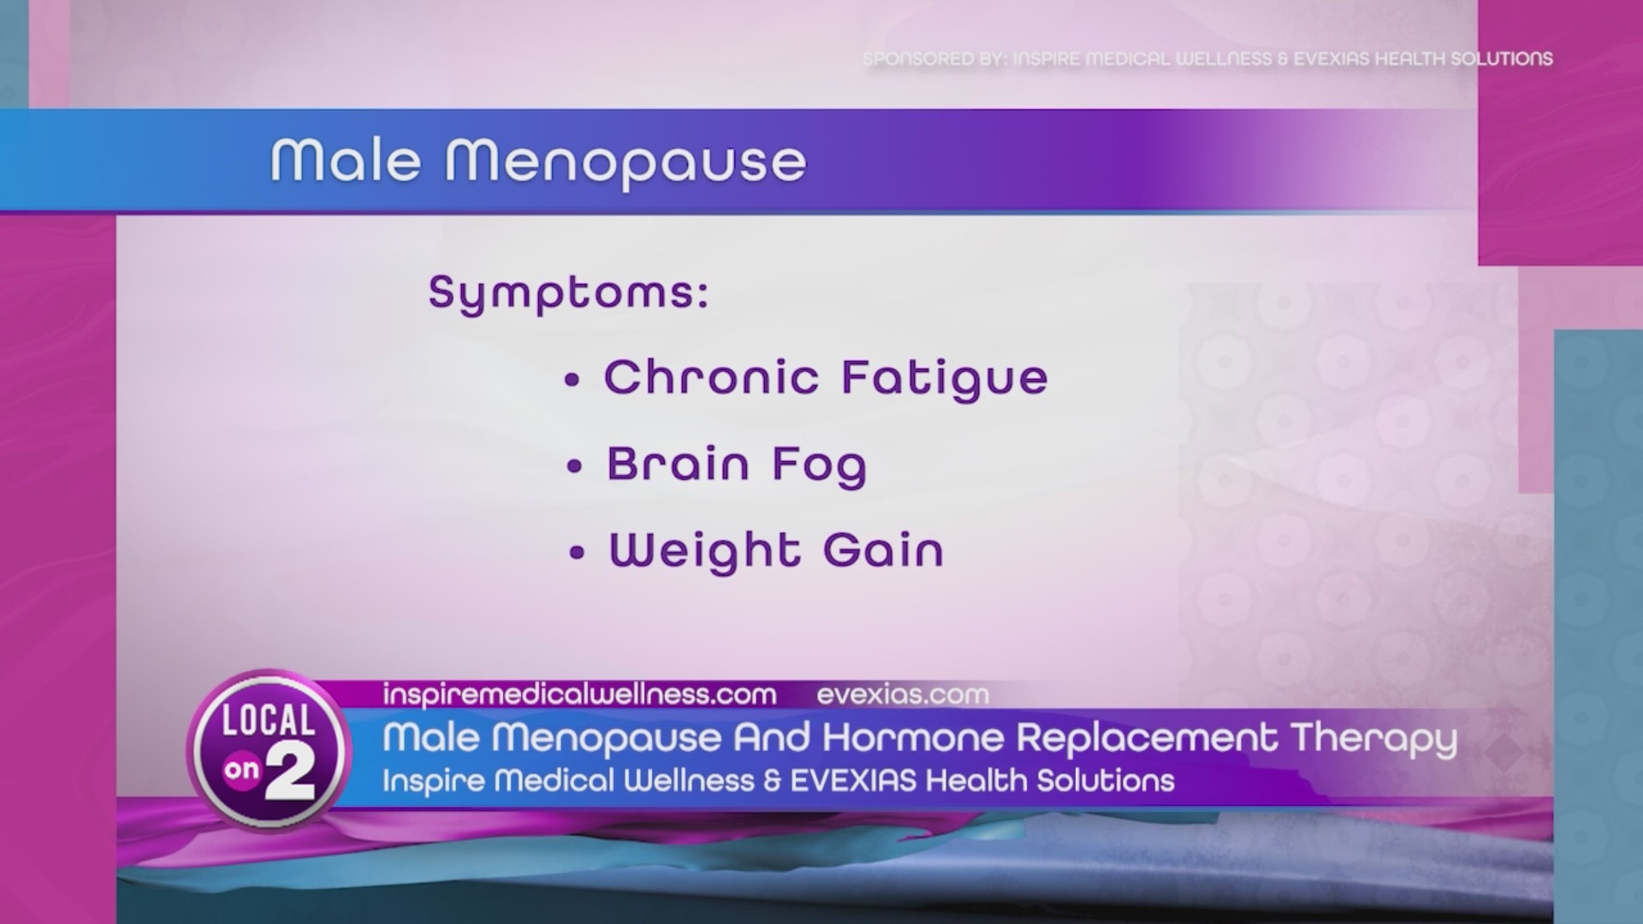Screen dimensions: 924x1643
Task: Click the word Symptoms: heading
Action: pyautogui.click(x=568, y=293)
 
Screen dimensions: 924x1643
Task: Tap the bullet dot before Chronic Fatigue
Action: pyautogui.click(x=572, y=382)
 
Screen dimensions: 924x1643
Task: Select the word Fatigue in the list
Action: pyautogui.click(x=944, y=379)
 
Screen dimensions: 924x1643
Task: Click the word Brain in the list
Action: pyautogui.click(x=678, y=465)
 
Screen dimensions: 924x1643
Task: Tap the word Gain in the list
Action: pyautogui.click(x=883, y=550)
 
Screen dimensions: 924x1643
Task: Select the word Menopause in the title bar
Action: pyautogui.click(x=626, y=163)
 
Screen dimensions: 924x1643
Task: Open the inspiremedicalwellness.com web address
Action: pyautogui.click(x=579, y=695)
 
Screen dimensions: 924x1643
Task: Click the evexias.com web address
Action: pyautogui.click(x=903, y=695)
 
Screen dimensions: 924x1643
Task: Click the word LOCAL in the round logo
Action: pyautogui.click(x=268, y=720)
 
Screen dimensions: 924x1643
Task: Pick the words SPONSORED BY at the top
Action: pyautogui.click(x=934, y=59)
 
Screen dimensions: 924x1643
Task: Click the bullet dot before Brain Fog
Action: pyautogui.click(x=574, y=467)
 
